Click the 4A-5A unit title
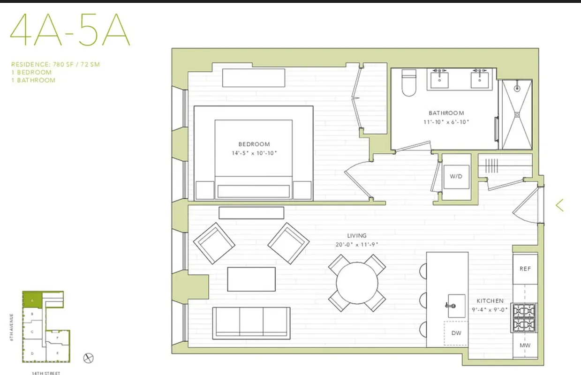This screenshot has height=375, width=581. click(70, 30)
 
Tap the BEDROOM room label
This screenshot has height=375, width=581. click(254, 144)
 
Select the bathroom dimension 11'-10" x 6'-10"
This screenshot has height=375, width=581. click(446, 122)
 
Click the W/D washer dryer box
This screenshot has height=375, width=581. click(456, 177)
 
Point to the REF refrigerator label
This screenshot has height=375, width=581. click(525, 269)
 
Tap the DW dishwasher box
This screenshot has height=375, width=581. click(455, 333)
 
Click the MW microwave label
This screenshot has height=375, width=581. click(525, 345)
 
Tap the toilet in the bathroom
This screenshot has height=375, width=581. click(409, 82)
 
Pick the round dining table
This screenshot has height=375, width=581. click(357, 283)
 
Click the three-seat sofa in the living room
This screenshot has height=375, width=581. click(251, 322)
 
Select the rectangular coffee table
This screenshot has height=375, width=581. click(251, 279)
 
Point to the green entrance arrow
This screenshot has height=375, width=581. click(559, 205)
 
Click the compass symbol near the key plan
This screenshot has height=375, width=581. click(88, 358)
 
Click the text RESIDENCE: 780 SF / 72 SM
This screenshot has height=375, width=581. click(55, 64)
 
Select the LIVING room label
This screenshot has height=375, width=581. click(357, 236)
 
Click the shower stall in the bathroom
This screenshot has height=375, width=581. click(517, 114)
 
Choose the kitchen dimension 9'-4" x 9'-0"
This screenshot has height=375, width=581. click(490, 309)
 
